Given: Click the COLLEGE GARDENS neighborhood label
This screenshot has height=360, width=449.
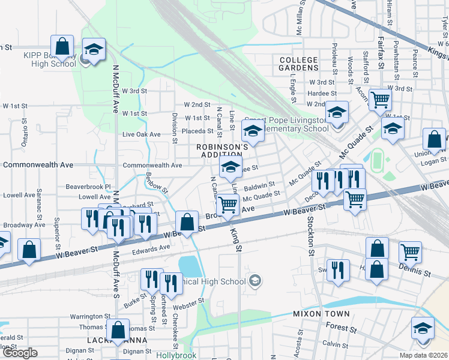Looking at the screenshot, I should [298, 64].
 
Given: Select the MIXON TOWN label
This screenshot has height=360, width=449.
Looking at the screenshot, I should [321, 314].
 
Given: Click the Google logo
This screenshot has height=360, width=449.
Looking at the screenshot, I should [20, 353].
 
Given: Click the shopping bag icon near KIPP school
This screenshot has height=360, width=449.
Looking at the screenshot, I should [62, 46].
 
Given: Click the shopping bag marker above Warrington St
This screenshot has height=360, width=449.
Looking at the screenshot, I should [118, 329].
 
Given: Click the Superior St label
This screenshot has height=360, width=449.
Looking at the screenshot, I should [56, 230].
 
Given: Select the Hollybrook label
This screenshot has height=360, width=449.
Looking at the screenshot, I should [176, 355].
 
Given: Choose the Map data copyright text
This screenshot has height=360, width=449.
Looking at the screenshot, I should [424, 355].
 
